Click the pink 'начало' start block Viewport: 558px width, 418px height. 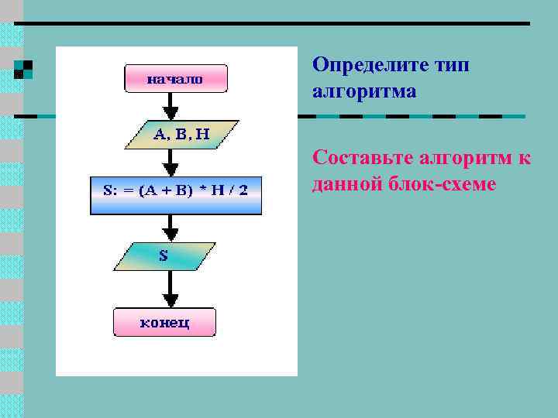176,78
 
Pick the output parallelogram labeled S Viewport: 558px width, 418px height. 164,256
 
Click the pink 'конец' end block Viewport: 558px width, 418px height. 165,322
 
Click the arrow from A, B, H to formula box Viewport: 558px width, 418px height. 171,162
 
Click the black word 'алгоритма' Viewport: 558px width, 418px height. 364,91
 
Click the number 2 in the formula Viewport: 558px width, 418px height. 243,190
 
